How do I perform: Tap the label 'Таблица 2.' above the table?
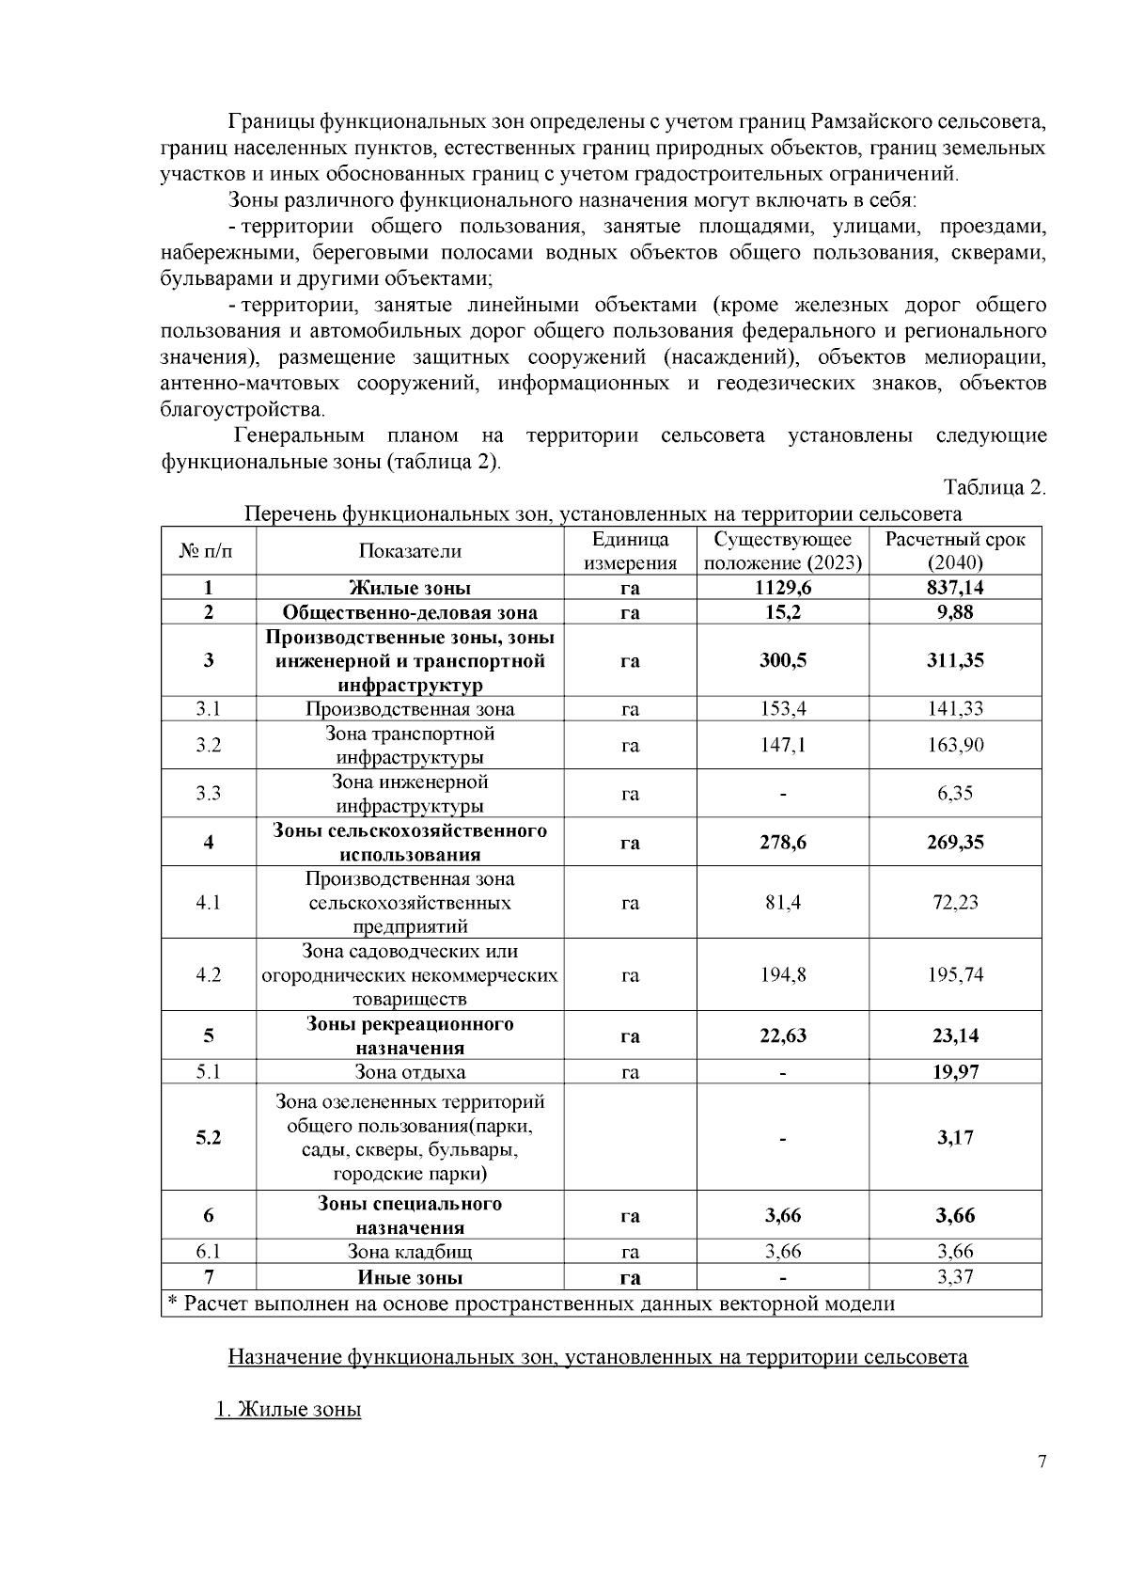click(995, 487)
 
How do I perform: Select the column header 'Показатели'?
click(410, 551)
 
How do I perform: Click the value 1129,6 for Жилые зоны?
click(782, 588)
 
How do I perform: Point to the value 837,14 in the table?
click(955, 588)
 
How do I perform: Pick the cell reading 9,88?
click(955, 612)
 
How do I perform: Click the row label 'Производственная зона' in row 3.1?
click(410, 709)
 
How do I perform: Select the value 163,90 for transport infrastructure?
click(955, 745)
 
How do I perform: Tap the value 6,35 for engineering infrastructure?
click(955, 793)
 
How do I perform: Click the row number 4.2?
click(208, 974)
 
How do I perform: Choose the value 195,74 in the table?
click(955, 974)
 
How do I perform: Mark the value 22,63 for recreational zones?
click(782, 1035)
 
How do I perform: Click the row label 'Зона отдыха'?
click(410, 1072)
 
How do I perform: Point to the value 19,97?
click(955, 1072)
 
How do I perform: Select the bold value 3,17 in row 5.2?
click(955, 1137)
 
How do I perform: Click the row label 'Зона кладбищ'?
click(410, 1252)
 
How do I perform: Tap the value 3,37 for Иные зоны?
click(955, 1276)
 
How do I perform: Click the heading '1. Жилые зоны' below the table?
click(289, 1410)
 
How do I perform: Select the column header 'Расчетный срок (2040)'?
click(955, 551)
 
